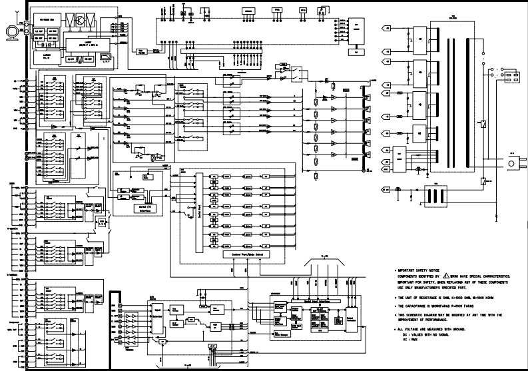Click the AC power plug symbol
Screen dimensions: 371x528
(513, 162)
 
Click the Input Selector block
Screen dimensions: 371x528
(158, 314)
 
